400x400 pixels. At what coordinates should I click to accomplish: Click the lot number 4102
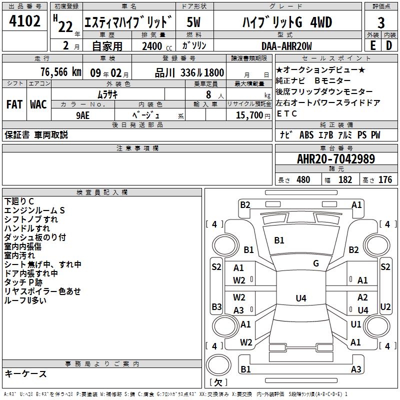[x=25, y=21]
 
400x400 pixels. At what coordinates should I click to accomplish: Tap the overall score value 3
[x=381, y=23]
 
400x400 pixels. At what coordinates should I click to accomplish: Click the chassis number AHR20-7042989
[x=336, y=159]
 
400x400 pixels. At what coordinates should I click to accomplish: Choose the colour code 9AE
[x=83, y=114]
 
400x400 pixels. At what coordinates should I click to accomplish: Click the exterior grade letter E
[x=372, y=45]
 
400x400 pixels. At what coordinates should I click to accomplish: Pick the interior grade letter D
[x=389, y=45]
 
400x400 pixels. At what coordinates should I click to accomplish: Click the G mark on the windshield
[x=316, y=263]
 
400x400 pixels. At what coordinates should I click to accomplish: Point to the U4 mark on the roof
[x=300, y=298]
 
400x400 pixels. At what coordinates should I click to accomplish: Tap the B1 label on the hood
[x=279, y=240]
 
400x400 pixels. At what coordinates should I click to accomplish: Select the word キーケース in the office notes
[x=25, y=374]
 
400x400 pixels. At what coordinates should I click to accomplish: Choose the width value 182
[x=345, y=180]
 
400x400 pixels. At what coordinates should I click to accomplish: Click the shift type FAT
[x=14, y=104]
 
